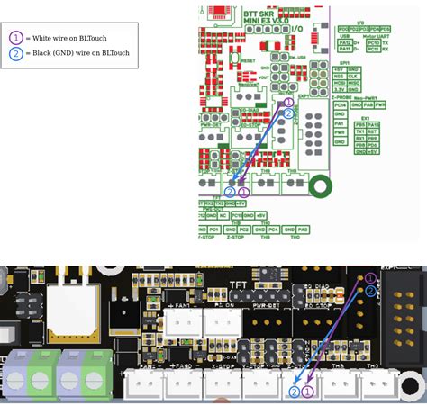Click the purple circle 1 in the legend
[x=16, y=38]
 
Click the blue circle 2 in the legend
[x=16, y=54]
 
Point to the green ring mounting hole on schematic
[x=320, y=186]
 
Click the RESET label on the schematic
[x=249, y=60]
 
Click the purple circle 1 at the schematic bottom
[x=242, y=192]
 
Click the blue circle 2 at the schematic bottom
[x=230, y=192]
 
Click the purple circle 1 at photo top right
[x=370, y=278]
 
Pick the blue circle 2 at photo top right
[x=370, y=291]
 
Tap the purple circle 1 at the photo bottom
[x=307, y=392]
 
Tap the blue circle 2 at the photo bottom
[x=294, y=392]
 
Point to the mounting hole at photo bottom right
[x=412, y=386]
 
